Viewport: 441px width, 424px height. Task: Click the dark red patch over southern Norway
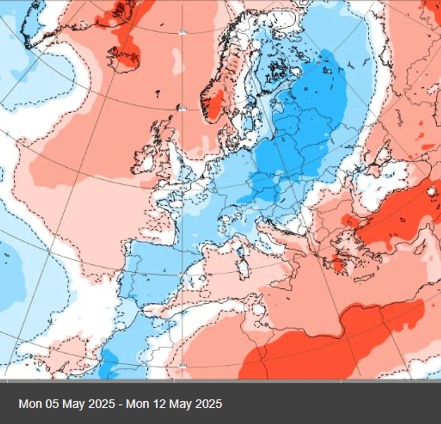(215, 103)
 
